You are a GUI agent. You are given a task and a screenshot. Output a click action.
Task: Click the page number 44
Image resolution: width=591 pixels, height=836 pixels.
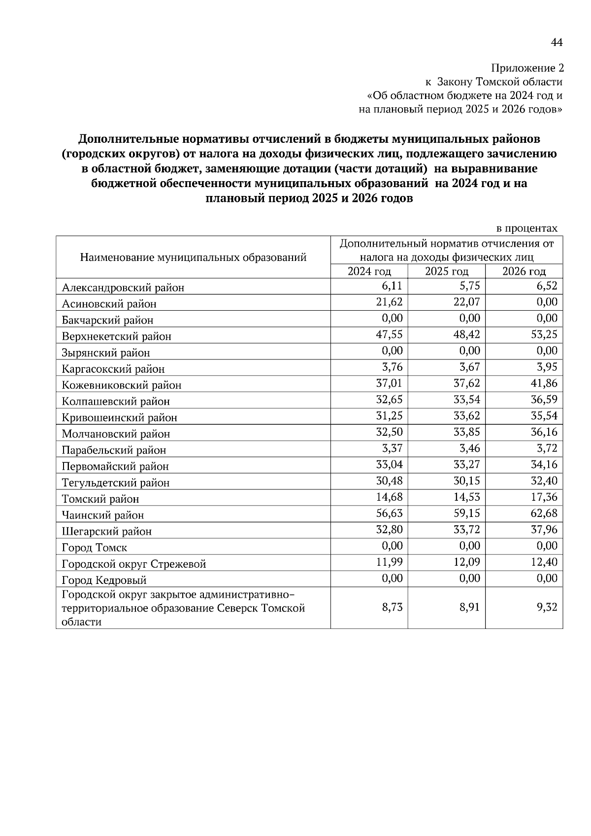[x=556, y=43]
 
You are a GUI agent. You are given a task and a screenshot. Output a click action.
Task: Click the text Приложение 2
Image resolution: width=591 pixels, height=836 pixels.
[x=527, y=68]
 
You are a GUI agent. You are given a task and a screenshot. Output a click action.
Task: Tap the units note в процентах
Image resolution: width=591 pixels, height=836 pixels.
[x=526, y=228]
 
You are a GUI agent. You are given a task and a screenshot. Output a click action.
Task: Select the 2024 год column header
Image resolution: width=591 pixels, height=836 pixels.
[x=369, y=271]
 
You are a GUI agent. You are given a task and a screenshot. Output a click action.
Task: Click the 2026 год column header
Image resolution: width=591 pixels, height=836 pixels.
[x=524, y=271]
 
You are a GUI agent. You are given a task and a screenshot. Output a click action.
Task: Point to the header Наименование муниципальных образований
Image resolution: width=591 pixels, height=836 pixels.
[x=193, y=257]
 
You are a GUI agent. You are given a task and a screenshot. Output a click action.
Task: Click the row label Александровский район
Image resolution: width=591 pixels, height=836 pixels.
[x=123, y=288]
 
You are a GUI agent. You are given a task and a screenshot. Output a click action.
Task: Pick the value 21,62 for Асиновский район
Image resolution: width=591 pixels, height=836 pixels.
[x=389, y=302]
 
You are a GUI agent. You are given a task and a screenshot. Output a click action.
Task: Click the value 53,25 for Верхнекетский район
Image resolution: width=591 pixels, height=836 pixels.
[x=544, y=334]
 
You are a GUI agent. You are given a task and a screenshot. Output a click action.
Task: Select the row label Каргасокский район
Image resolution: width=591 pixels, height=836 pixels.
[x=113, y=369]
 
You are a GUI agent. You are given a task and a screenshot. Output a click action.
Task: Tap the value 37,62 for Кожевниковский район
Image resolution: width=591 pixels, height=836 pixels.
[x=466, y=383]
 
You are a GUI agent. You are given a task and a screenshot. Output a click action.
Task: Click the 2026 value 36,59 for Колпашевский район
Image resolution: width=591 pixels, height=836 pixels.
[x=544, y=399]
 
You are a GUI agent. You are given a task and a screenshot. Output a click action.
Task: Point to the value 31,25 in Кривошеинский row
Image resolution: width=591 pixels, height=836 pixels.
[x=389, y=416]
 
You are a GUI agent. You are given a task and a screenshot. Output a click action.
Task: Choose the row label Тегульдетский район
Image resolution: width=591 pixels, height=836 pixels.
[x=116, y=482]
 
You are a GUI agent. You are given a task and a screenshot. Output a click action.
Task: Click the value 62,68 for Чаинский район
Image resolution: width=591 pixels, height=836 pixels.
[x=544, y=513]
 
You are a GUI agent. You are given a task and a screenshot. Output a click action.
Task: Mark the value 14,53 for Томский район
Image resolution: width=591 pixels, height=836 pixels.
[x=466, y=497]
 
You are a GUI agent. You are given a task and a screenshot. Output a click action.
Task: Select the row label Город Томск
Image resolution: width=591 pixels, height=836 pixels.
[x=95, y=547]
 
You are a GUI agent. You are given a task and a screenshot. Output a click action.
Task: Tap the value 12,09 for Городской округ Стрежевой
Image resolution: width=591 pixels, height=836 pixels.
[x=466, y=562]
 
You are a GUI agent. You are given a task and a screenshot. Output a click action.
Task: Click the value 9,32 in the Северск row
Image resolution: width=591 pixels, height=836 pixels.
[x=547, y=607]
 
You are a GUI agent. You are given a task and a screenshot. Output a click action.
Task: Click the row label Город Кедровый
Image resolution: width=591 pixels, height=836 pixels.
[x=104, y=580]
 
